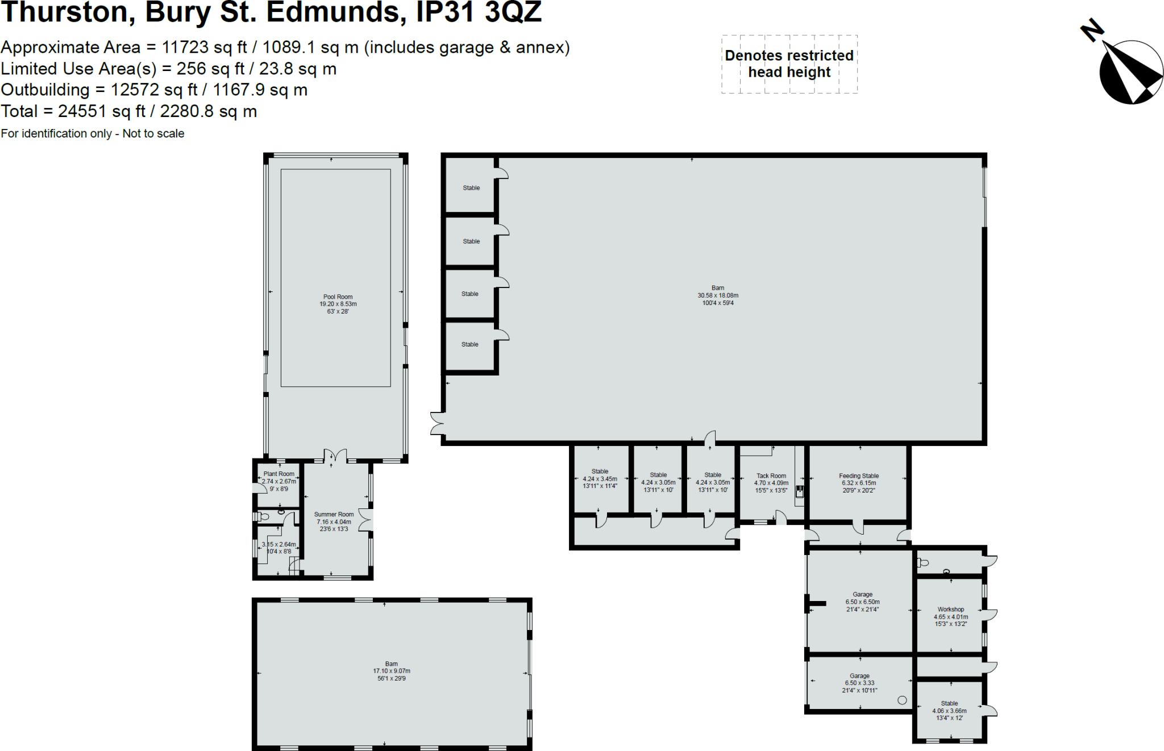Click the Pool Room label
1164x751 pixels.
pyautogui.click(x=338, y=297)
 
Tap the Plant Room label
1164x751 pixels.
pyautogui.click(x=278, y=474)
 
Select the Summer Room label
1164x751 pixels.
pyautogui.click(x=334, y=514)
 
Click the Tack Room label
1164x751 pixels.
pyautogui.click(x=771, y=476)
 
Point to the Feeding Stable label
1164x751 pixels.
pyautogui.click(x=859, y=476)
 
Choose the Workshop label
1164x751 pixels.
pyautogui.click(x=951, y=609)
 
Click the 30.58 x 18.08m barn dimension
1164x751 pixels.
pyautogui.click(x=718, y=295)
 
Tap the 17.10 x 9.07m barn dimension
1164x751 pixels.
pyautogui.click(x=392, y=671)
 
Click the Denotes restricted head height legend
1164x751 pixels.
pyautogui.click(x=789, y=64)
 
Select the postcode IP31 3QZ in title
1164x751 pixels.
pyautogui.click(x=479, y=12)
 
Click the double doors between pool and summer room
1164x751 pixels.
pyautogui.click(x=335, y=456)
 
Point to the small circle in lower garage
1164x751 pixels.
pyautogui.click(x=902, y=700)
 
